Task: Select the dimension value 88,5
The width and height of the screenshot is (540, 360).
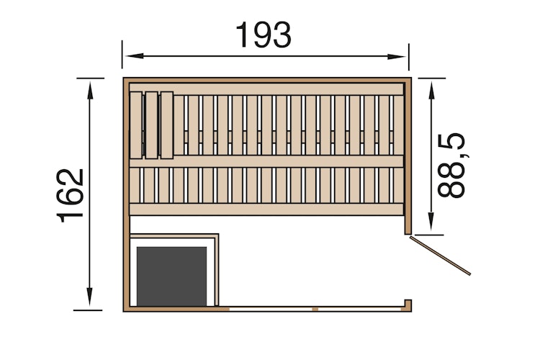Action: [452, 165]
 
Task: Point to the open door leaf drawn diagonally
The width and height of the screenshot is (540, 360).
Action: [440, 256]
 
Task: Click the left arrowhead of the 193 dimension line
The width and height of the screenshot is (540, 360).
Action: [129, 55]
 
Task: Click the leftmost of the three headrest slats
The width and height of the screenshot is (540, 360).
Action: [136, 125]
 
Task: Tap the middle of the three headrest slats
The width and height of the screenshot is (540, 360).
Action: [151, 125]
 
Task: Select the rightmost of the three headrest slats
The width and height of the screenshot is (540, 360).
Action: [166, 125]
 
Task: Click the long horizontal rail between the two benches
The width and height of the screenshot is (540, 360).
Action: [266, 161]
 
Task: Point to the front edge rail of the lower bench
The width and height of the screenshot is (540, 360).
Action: [266, 209]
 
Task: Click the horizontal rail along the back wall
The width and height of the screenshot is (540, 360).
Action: [266, 89]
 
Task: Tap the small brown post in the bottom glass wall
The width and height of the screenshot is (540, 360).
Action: [315, 309]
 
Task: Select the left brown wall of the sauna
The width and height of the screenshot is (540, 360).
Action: [126, 194]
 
